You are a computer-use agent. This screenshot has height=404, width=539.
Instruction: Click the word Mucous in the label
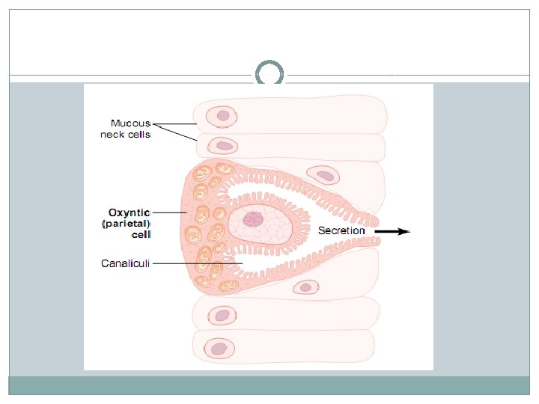pyautogui.click(x=130, y=123)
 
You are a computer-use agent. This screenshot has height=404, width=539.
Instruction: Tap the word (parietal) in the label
pyautogui.click(x=127, y=223)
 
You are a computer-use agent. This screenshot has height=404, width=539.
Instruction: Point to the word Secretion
pyautogui.click(x=341, y=231)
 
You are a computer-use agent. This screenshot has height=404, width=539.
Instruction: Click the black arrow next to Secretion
pyautogui.click(x=392, y=232)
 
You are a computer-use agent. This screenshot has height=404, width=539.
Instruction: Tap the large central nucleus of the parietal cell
pyautogui.click(x=255, y=219)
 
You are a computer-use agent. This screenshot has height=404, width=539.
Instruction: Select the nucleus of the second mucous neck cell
pyautogui.click(x=222, y=145)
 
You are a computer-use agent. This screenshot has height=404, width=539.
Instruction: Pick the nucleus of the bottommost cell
pyautogui.click(x=219, y=349)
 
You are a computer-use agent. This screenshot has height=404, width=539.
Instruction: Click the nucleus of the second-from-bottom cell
pyautogui.click(x=222, y=316)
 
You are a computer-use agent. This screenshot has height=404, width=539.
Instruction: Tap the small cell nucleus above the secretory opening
pyautogui.click(x=325, y=177)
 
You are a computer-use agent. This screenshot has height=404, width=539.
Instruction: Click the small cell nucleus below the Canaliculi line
pyautogui.click(x=305, y=287)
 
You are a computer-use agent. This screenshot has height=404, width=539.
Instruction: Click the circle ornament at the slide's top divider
pyautogui.click(x=269, y=75)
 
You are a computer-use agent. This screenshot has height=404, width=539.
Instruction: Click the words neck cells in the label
pyautogui.click(x=126, y=135)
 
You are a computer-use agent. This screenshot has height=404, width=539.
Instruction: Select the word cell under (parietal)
pyautogui.click(x=141, y=234)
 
